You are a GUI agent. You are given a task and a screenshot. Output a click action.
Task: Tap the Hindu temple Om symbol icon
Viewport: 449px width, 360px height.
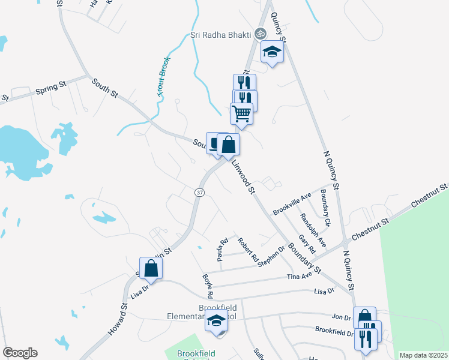coord(260,34)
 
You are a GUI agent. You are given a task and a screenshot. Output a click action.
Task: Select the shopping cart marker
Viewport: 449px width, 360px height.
coord(241,113)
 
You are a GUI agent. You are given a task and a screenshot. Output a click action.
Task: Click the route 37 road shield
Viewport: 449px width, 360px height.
coord(199,192)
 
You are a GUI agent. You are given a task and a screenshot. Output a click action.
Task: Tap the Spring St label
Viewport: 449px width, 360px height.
coord(50,88)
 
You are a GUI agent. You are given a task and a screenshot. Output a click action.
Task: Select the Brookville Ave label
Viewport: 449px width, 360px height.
coord(292,203)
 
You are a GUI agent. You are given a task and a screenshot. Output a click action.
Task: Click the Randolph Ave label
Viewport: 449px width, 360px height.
coord(313,230)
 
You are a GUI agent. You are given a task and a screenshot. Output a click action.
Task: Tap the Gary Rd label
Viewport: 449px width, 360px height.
coord(307,244)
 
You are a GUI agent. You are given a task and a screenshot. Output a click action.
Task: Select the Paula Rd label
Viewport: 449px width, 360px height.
coord(223,250)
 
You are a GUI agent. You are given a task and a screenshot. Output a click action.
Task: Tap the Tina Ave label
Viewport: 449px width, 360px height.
coord(300,275)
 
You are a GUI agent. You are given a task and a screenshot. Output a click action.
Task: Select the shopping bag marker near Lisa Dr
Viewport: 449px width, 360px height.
coord(151,268)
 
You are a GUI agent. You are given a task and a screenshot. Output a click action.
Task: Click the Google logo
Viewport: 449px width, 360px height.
coord(20,353)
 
